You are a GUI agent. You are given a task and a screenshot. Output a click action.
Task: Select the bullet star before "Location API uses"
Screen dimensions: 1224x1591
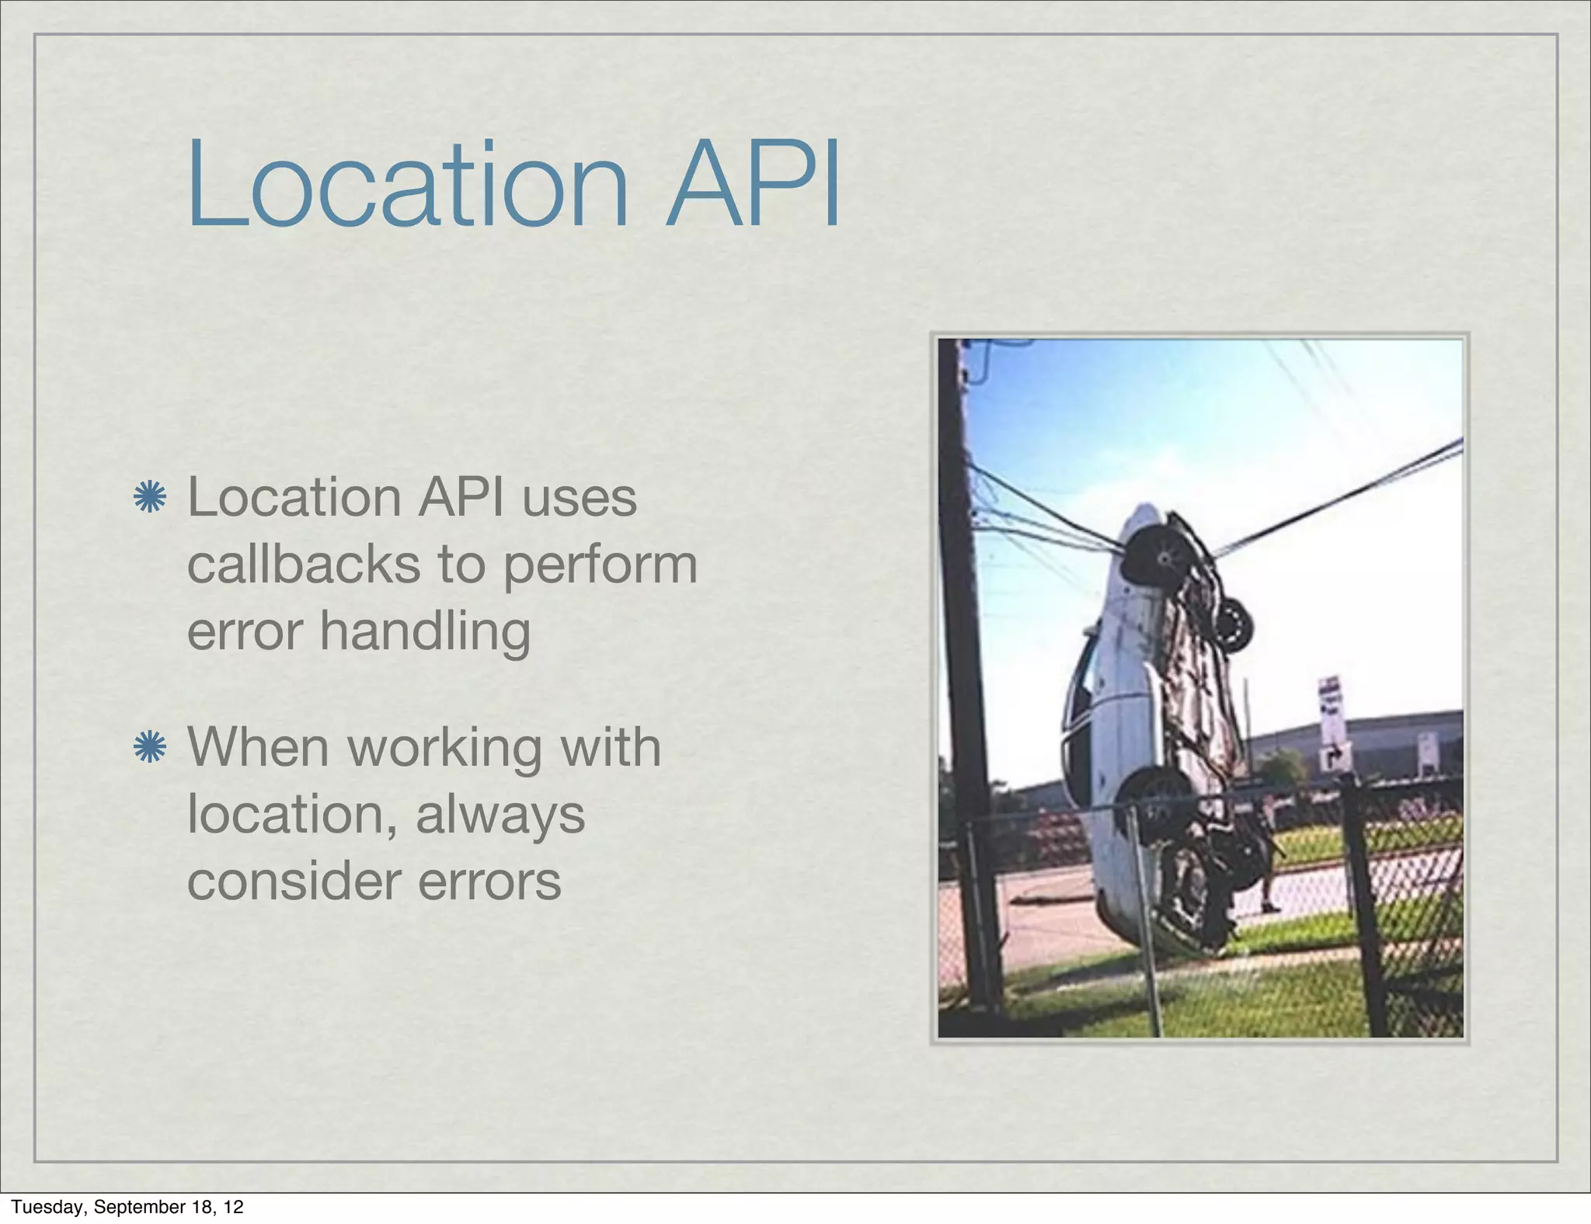[x=149, y=497]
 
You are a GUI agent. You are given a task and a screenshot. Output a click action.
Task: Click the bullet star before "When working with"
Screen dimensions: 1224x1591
[x=149, y=747]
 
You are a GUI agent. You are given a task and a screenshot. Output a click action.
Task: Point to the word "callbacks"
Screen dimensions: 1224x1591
[x=304, y=564]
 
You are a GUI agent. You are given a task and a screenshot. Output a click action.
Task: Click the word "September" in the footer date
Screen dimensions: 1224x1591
[x=137, y=1207]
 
